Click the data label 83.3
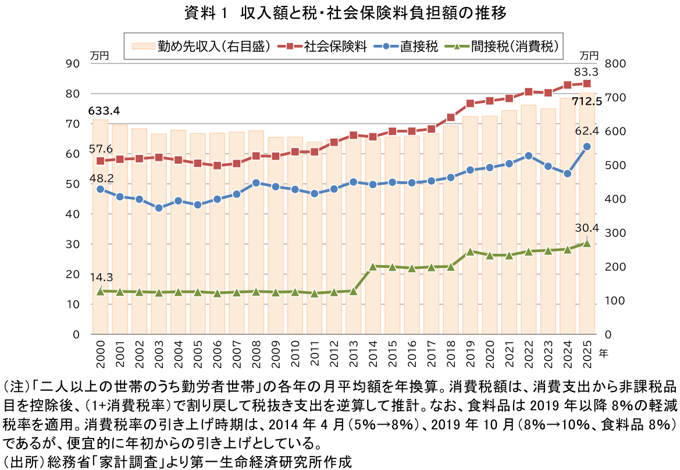click(586, 72)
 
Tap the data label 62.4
click(586, 130)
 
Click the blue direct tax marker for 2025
click(587, 147)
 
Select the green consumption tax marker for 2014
click(373, 266)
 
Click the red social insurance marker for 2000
click(100, 161)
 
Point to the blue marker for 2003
click(159, 208)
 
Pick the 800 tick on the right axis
click(615, 63)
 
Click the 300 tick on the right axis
click(615, 233)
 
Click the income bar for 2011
click(314, 245)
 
